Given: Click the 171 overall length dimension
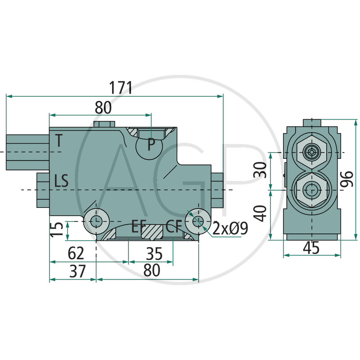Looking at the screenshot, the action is click(121, 87).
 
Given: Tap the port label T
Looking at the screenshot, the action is click(59, 140).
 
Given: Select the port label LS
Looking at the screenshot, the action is click(61, 180).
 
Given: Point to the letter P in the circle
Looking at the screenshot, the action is click(151, 144).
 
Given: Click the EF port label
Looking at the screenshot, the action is click(139, 226).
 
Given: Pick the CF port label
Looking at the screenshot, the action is click(174, 226).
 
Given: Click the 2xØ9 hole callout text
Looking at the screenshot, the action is click(230, 228).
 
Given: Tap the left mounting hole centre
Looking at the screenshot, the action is click(96, 221).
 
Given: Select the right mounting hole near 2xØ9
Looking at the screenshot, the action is click(198, 221).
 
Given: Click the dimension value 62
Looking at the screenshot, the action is click(76, 253).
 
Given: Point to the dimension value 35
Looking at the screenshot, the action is click(154, 254).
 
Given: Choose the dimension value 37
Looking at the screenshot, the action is click(77, 271).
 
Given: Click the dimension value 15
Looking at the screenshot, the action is click(57, 229).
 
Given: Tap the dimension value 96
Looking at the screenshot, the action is click(346, 179).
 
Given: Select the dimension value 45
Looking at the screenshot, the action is click(311, 248).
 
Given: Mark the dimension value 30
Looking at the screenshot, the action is click(260, 170).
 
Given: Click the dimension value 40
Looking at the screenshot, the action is click(261, 213).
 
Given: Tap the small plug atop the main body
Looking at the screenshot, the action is click(104, 124).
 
